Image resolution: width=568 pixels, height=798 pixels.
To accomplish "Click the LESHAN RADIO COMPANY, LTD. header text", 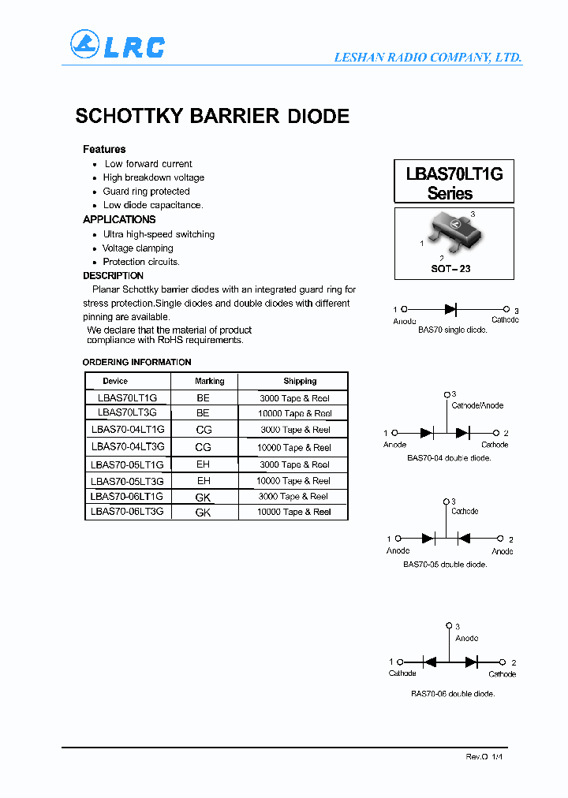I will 428,58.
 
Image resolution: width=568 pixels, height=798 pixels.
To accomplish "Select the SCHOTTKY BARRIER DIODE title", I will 212,116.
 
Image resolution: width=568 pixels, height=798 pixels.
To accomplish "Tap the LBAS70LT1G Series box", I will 454,182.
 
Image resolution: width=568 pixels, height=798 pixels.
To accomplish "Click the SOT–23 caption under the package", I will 450,269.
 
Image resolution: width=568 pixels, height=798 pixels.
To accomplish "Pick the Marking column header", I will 210,381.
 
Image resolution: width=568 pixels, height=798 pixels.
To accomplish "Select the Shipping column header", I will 300,381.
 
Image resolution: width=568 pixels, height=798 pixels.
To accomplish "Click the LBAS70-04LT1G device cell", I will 128,430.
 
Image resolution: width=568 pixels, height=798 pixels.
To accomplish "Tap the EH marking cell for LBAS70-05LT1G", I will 204,464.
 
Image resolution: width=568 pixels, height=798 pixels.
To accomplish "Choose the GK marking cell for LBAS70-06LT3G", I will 204,513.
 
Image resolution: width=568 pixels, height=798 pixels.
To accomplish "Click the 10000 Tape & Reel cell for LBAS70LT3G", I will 295,413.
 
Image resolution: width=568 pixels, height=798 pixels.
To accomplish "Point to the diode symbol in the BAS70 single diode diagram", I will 451,310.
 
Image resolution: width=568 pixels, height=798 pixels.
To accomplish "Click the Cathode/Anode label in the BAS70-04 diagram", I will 477,405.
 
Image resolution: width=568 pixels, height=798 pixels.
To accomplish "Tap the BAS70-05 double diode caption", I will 445,565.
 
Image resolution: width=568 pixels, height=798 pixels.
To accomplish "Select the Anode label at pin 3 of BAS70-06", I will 467,638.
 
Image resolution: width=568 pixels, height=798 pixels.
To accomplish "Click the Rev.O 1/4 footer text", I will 484,756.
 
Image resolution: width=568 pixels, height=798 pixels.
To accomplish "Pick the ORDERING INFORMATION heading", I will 136,362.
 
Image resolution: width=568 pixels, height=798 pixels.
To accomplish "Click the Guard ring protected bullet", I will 146,192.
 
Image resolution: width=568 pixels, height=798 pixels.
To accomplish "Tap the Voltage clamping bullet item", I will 138,248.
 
